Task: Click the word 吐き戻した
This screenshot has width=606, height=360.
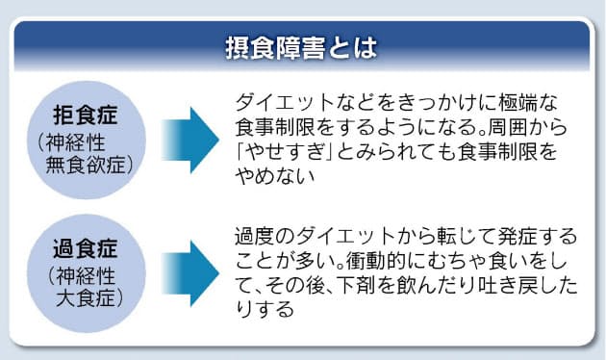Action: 515,287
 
